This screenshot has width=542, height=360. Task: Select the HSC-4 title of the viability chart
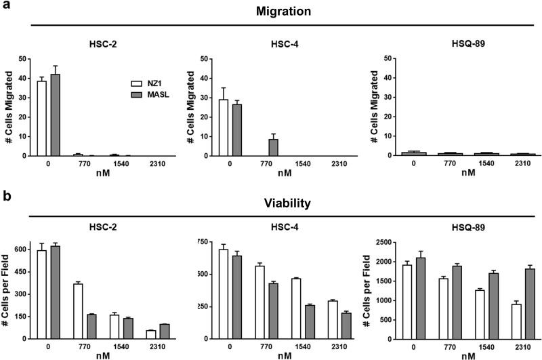click(x=282, y=226)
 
